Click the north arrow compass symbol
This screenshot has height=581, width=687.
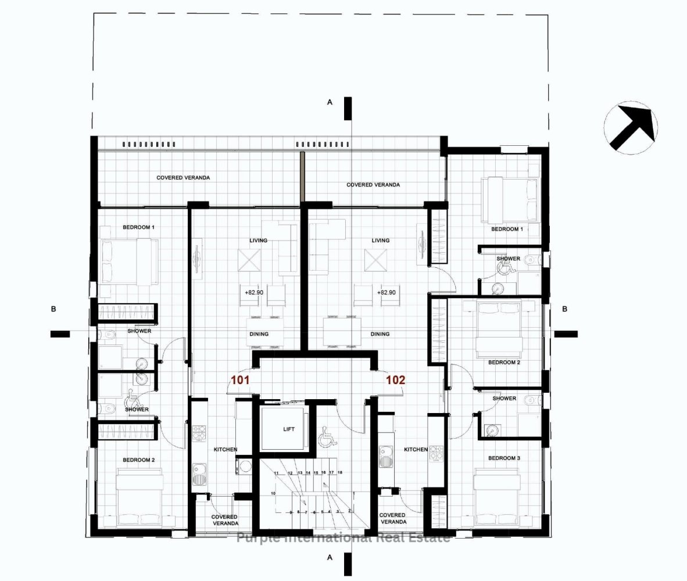631,127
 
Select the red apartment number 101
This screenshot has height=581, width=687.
241,381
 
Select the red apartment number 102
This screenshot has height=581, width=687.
395,381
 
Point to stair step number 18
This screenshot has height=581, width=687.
339,473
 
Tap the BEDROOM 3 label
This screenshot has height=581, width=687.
504,458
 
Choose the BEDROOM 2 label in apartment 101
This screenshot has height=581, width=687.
138,460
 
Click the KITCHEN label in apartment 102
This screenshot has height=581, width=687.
416,449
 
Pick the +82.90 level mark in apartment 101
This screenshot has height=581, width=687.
254,293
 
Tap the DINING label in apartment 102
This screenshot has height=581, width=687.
380,334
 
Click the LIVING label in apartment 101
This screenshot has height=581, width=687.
259,240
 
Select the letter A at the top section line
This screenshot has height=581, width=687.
330,102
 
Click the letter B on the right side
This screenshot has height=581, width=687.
564,309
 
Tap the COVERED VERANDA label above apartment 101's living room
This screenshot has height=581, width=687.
183,177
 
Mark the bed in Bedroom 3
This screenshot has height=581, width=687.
497,500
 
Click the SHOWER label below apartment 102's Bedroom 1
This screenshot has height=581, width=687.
508,259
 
